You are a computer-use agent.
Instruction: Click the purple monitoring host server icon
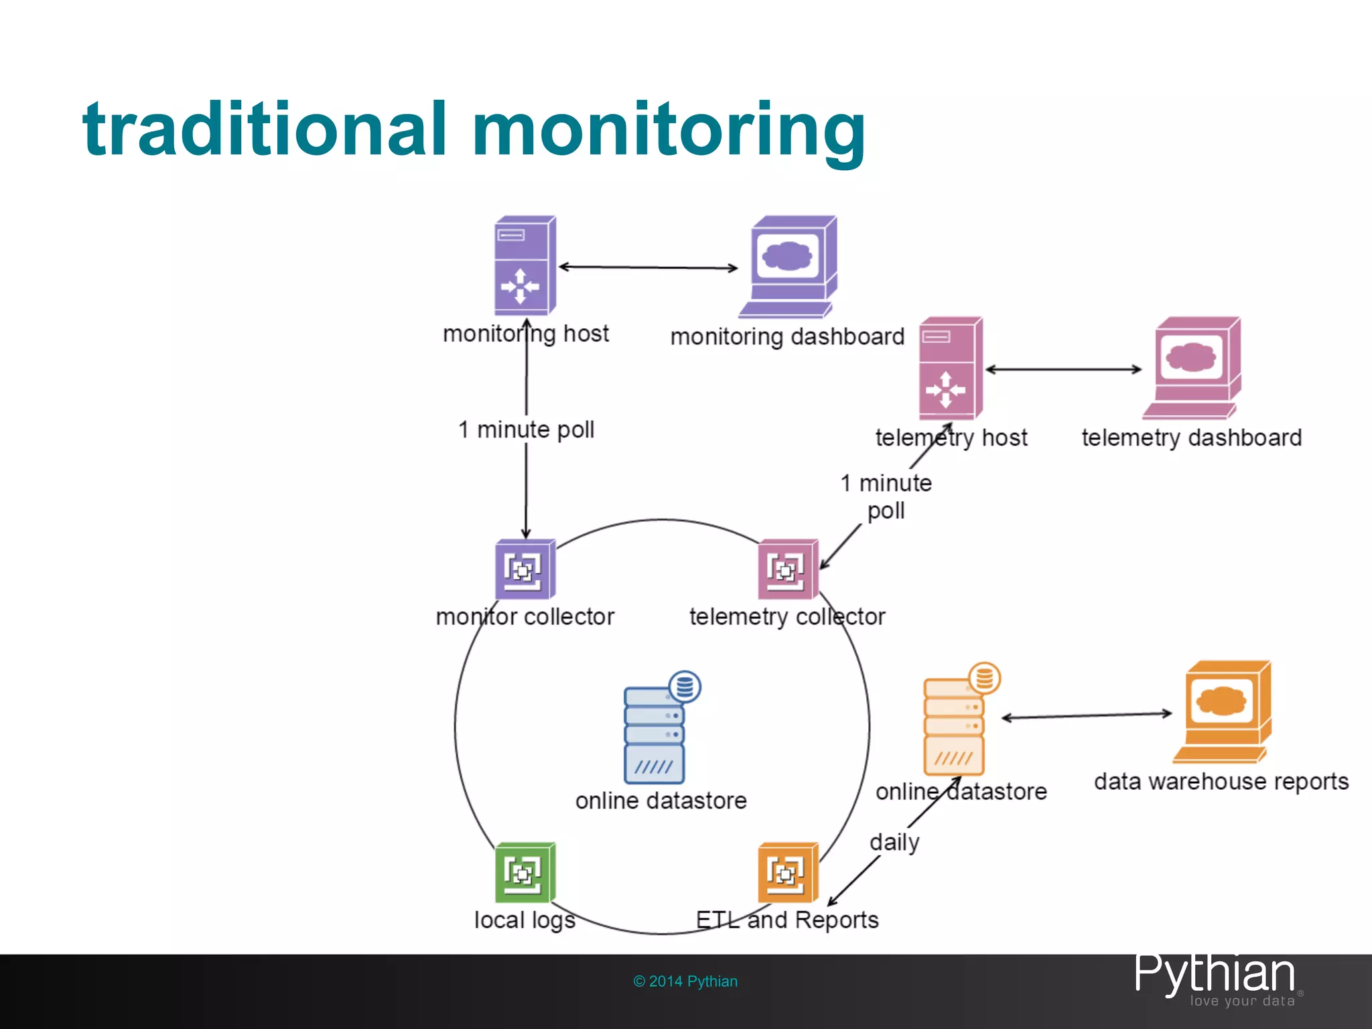pos(525,265)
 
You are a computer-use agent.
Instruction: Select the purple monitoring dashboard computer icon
pos(788,266)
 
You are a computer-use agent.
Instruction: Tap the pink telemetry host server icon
pos(949,368)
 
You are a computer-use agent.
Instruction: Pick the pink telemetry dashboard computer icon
pos(1192,368)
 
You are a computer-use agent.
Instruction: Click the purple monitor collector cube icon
pos(525,569)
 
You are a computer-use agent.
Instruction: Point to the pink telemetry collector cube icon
pos(788,569)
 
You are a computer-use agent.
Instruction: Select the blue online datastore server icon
pos(655,734)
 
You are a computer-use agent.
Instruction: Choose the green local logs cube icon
pos(525,872)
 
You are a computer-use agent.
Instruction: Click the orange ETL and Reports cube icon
pos(788,872)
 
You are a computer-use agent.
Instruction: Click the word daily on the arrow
pos(894,842)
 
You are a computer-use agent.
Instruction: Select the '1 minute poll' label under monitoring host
pos(527,429)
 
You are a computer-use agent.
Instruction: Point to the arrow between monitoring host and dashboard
pos(648,267)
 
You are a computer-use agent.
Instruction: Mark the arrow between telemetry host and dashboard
pos(1063,369)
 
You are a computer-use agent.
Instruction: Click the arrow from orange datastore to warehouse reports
pos(1087,715)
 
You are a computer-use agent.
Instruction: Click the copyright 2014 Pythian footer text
pos(685,981)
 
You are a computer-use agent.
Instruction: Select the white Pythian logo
pos(1215,976)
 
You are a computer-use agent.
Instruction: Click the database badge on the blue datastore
pos(685,687)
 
